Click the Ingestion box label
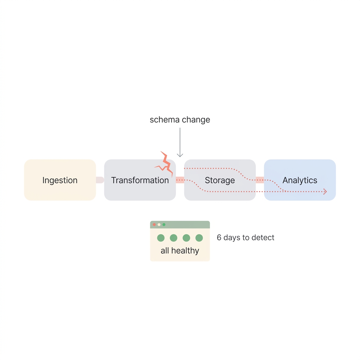(60, 180)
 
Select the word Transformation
(140, 180)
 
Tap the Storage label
(220, 180)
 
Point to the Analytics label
(300, 180)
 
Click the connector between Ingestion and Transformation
(100, 180)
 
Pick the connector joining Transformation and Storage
(180, 180)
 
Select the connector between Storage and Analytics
(260, 180)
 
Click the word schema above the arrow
(163, 120)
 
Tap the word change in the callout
(196, 120)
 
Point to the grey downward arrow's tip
(180, 156)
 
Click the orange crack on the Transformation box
(165, 164)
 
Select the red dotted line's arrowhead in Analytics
(325, 192)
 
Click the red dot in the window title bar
(154, 225)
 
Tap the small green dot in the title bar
(164, 225)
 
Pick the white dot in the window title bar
(159, 225)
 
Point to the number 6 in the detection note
(219, 238)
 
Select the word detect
(263, 238)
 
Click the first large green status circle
(161, 238)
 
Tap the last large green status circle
(199, 238)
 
